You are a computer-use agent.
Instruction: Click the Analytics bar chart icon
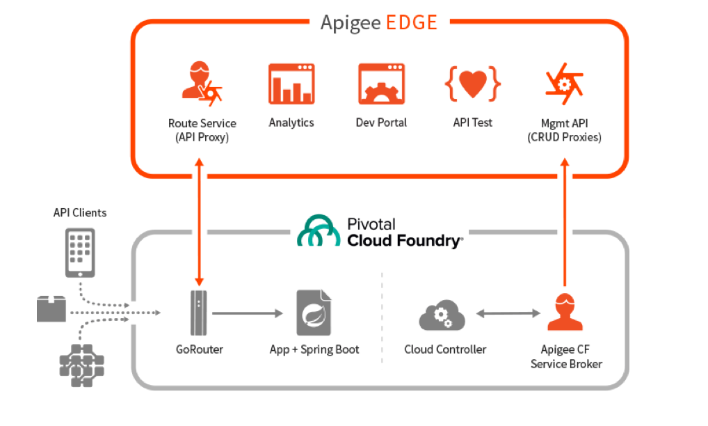[291, 84]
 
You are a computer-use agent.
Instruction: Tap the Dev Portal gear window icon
[381, 84]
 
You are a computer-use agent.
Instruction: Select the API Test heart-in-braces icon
[472, 84]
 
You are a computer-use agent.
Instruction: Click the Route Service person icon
[201, 83]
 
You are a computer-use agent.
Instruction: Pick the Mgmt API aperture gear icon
[563, 84]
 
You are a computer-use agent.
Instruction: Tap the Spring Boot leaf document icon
[314, 314]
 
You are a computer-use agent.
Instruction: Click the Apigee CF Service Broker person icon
[565, 313]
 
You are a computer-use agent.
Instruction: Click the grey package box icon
[51, 308]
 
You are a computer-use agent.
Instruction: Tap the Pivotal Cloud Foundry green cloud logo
[319, 231]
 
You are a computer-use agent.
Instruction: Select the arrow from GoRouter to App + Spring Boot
[248, 314]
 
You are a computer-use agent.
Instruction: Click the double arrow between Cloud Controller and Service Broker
[508, 314]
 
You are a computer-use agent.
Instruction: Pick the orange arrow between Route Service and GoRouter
[200, 223]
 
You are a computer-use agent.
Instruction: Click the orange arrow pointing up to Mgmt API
[565, 223]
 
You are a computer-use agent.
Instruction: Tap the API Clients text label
[80, 212]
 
